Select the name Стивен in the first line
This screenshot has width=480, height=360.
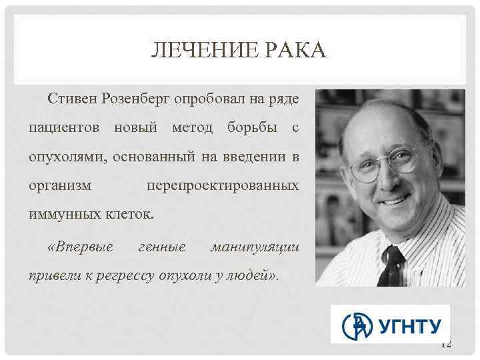click(x=72, y=99)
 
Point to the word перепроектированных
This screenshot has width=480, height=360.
click(x=223, y=186)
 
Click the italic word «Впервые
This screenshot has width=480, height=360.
click(x=80, y=247)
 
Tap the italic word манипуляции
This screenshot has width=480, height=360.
click(x=255, y=247)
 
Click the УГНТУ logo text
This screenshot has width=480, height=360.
click(x=411, y=326)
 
